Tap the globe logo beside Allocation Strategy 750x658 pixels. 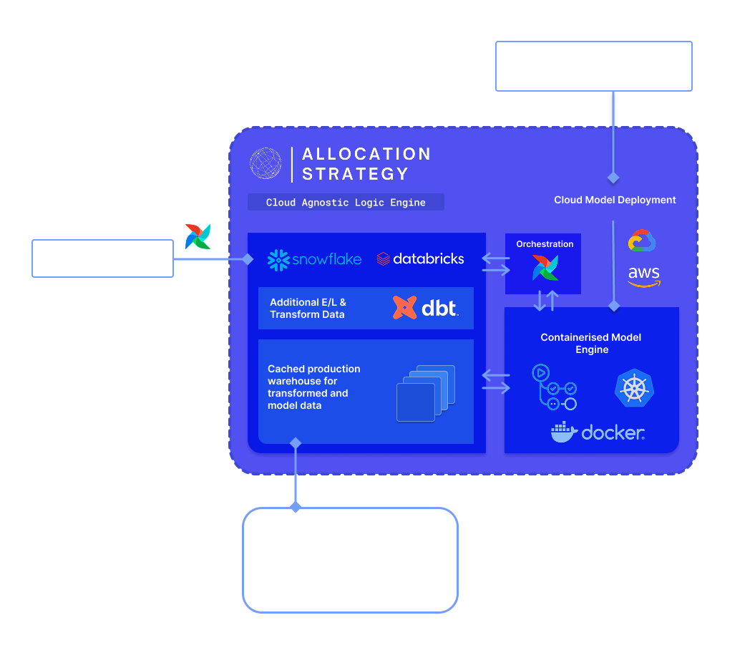point(266,163)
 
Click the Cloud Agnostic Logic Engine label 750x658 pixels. point(346,203)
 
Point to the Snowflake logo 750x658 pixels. point(314,259)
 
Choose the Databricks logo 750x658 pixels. point(420,258)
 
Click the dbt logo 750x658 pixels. point(426,308)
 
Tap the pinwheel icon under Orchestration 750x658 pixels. point(545,267)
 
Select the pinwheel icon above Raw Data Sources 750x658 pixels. point(198,236)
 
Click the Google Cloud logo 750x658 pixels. point(642,241)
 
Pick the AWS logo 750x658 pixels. point(644,276)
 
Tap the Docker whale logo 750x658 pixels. point(563,432)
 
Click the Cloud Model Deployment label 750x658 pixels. point(615,200)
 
